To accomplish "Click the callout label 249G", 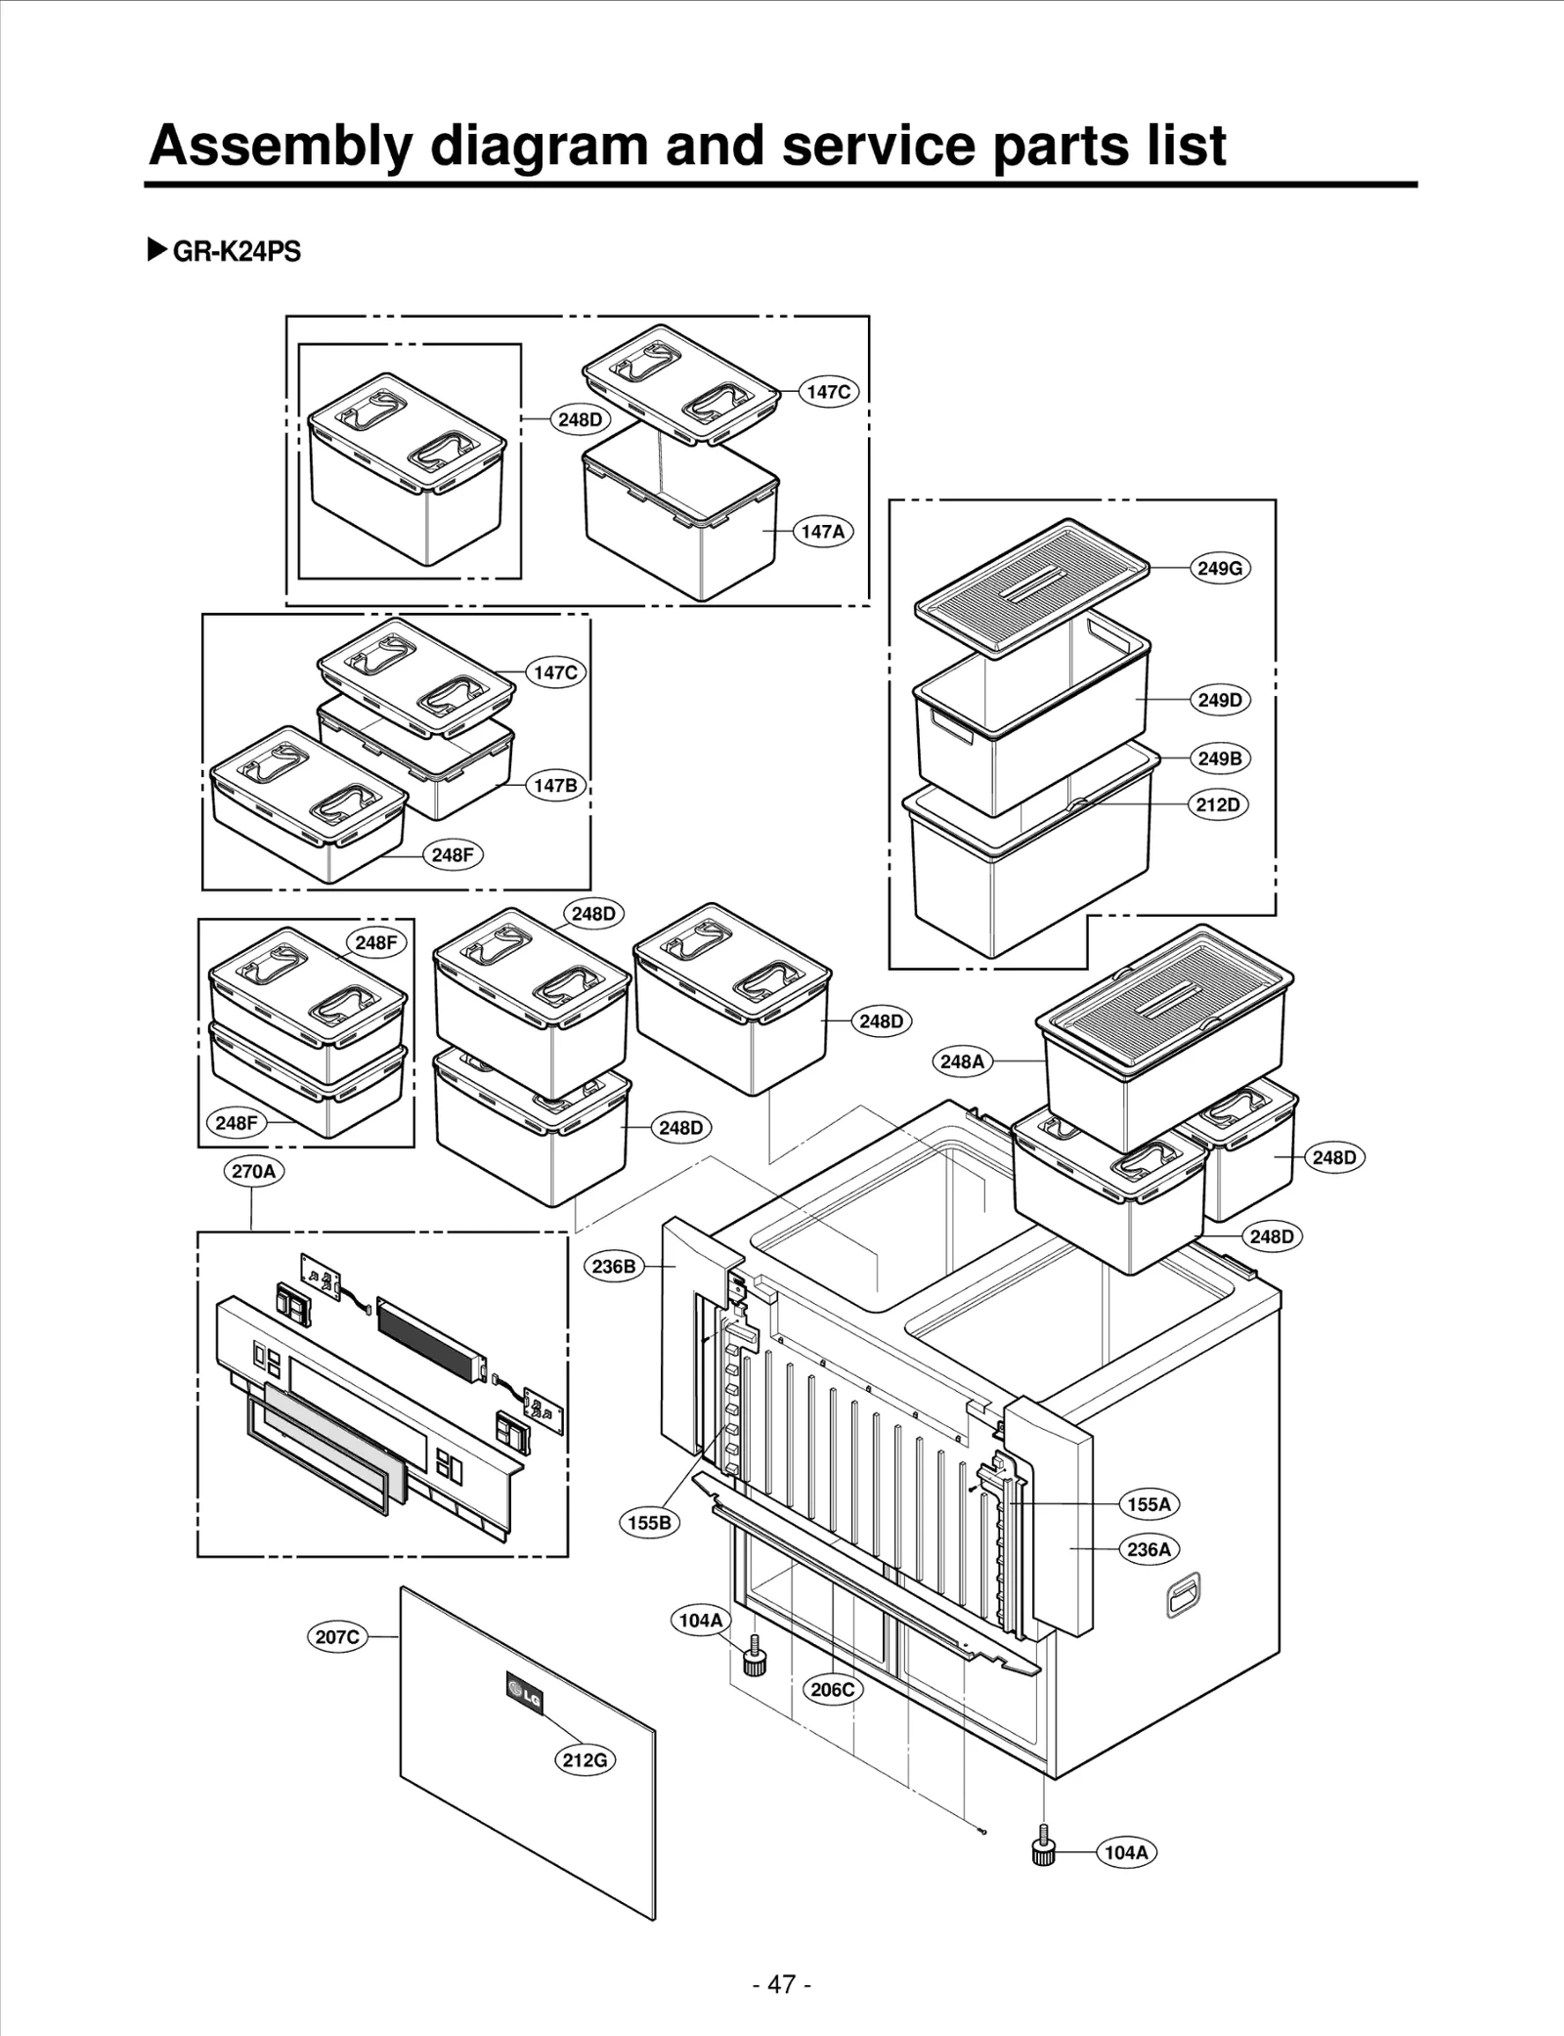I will pos(1220,568).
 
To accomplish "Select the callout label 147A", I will pos(822,532).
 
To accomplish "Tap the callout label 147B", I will pos(555,785).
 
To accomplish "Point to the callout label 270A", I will pos(253,1170).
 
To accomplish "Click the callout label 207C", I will pos(337,1636).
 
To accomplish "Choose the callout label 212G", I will pos(585,1759).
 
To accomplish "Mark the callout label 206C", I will pos(833,1689).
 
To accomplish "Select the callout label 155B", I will pos(649,1522).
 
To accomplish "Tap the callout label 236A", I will pos(1149,1549).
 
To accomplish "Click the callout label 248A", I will pos(962,1061).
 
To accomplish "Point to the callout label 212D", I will pos(1218,804).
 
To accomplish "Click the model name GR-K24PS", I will pos(236,252).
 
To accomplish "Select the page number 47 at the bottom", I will pos(782,1983).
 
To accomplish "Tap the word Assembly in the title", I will pos(281,146).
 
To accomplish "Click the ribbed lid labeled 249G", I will pos(1031,586).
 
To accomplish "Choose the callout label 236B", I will pos(614,1266).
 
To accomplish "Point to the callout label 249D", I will pos(1220,700).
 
